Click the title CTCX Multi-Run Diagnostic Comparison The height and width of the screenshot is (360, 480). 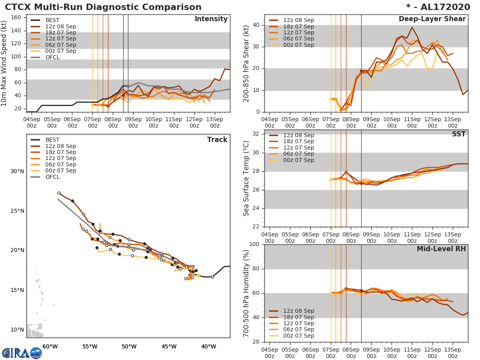pyautogui.click(x=103, y=7)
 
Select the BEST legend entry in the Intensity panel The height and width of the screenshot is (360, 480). pyautogui.click(x=52, y=20)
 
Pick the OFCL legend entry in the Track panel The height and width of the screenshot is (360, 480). pyautogui.click(x=52, y=177)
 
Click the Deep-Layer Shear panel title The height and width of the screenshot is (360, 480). pyautogui.click(x=432, y=19)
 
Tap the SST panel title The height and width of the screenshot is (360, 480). pyautogui.click(x=459, y=134)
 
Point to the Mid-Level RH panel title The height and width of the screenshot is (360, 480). pyautogui.click(x=441, y=249)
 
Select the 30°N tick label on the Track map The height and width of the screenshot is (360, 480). pyautogui.click(x=17, y=172)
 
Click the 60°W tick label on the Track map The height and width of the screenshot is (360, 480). pyautogui.click(x=50, y=346)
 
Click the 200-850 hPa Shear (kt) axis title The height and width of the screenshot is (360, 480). pyautogui.click(x=246, y=63)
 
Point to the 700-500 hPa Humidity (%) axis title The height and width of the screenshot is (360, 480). pyautogui.click(x=246, y=293)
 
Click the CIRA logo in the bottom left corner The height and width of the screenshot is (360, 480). pyautogui.click(x=22, y=353)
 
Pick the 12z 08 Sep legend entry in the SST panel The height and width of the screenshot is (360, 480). pyautogui.click(x=298, y=135)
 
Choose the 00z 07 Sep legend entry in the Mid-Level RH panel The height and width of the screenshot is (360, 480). pyautogui.click(x=298, y=336)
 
